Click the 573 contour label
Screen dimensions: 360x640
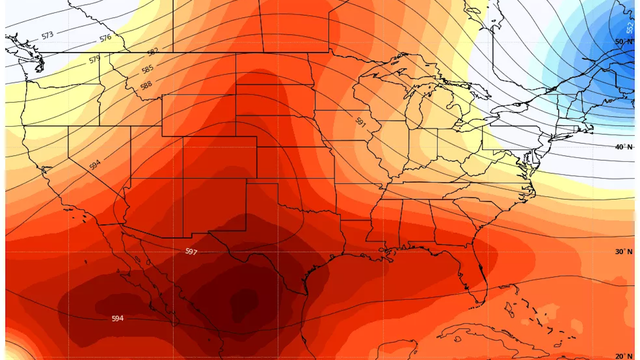pyautogui.click(x=47, y=35)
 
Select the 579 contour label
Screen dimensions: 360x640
pyautogui.click(x=94, y=59)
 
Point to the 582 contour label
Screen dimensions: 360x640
pyautogui.click(x=152, y=51)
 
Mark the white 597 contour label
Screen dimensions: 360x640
pyautogui.click(x=192, y=251)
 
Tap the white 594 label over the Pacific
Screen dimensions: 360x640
pyautogui.click(x=117, y=318)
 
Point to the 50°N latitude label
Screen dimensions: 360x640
pyautogui.click(x=623, y=42)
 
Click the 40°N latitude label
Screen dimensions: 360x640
pyautogui.click(x=623, y=146)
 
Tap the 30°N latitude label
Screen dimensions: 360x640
pyautogui.click(x=623, y=251)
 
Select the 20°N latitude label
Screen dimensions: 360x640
pyautogui.click(x=623, y=354)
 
